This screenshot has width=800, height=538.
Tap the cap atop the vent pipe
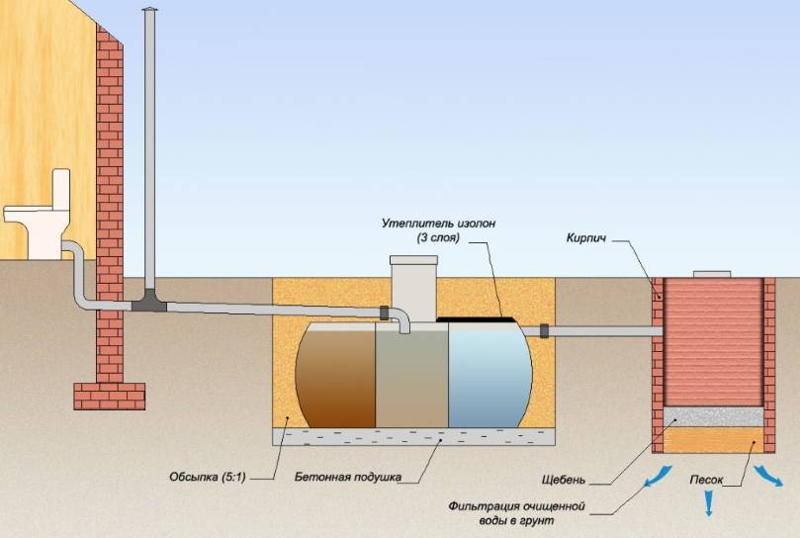149,11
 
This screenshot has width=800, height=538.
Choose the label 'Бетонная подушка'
347,477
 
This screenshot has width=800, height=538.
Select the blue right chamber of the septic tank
489,376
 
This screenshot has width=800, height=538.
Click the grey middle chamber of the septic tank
411,381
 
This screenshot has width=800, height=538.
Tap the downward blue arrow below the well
708,506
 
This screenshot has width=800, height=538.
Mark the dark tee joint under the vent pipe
149,302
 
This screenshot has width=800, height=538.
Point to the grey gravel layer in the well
713,416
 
